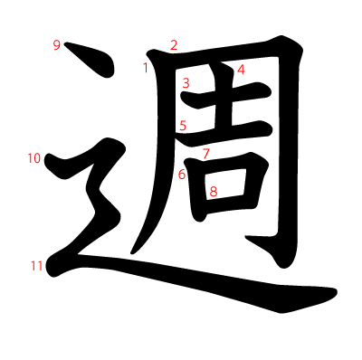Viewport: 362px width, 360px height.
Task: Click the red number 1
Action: point(146,68)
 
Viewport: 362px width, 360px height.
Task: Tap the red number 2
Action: point(174,45)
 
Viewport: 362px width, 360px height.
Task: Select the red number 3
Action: point(186,83)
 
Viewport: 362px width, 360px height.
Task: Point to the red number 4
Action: point(241,70)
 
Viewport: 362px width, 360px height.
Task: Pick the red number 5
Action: point(183,126)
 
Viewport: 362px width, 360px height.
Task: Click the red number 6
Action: point(182,175)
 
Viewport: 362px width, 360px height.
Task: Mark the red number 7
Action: point(206,154)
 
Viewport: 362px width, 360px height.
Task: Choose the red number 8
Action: point(214,192)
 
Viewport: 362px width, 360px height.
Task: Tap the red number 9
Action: point(57,45)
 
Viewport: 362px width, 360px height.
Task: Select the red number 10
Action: point(34,158)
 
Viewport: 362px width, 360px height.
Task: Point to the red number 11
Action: point(37,266)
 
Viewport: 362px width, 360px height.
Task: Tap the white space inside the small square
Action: point(225,184)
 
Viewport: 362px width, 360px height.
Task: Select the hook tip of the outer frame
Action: point(246,238)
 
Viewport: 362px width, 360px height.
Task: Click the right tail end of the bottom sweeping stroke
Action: point(336,292)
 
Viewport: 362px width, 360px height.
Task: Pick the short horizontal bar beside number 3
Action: point(226,95)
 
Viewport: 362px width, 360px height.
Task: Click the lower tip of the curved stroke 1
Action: point(132,252)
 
